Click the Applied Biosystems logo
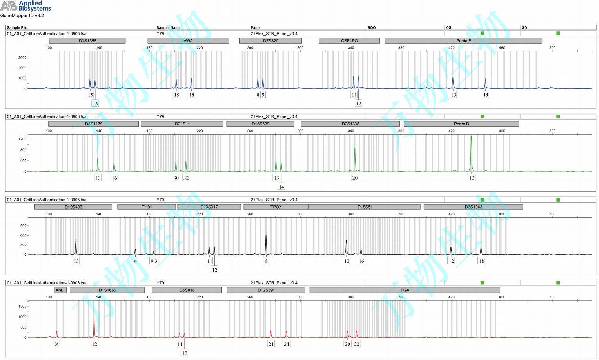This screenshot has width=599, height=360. (x=25, y=6)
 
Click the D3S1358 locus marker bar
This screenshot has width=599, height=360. (x=87, y=41)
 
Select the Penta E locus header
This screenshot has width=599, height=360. (x=463, y=41)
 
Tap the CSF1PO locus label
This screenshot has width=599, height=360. (x=349, y=41)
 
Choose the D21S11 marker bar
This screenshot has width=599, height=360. (x=182, y=124)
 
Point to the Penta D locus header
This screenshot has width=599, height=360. (x=461, y=124)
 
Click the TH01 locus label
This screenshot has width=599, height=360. (x=147, y=207)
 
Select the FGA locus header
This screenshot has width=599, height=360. (x=405, y=290)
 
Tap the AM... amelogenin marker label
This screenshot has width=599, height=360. (x=60, y=290)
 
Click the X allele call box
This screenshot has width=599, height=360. (x=57, y=344)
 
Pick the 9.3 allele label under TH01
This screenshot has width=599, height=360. (x=154, y=261)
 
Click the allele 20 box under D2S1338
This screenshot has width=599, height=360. (x=355, y=178)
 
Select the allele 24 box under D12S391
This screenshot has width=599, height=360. (x=287, y=344)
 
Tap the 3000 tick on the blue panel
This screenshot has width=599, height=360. (x=22, y=58)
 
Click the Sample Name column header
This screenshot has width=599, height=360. (x=168, y=27)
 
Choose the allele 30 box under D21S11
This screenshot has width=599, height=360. (x=176, y=178)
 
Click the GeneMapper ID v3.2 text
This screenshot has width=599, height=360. (x=22, y=16)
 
